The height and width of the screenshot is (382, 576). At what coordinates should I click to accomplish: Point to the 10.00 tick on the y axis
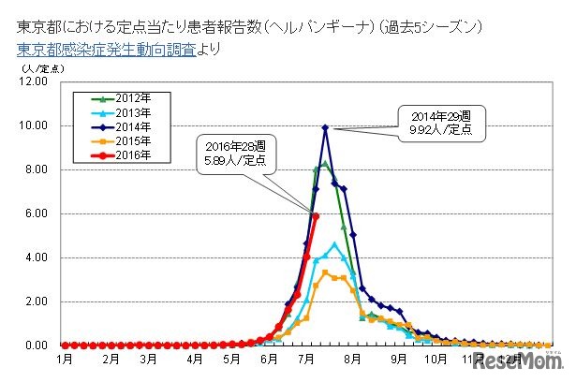[34, 125]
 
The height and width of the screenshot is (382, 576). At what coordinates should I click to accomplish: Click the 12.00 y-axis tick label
[34, 81]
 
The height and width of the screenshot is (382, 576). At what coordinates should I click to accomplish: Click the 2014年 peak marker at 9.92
[325, 127]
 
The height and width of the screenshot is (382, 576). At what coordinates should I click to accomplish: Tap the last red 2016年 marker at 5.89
[316, 216]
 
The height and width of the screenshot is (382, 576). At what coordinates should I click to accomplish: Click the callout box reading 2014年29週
[439, 124]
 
